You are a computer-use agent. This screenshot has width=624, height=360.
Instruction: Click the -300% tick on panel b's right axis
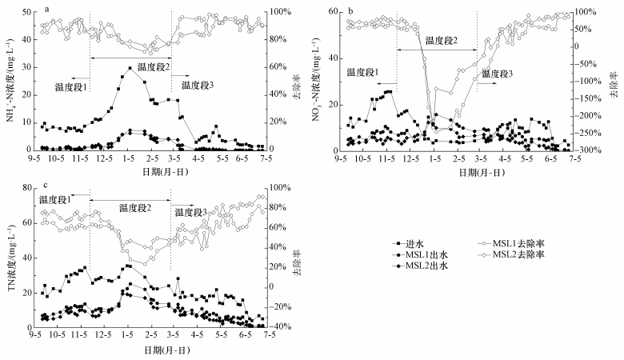click(x=597, y=150)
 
